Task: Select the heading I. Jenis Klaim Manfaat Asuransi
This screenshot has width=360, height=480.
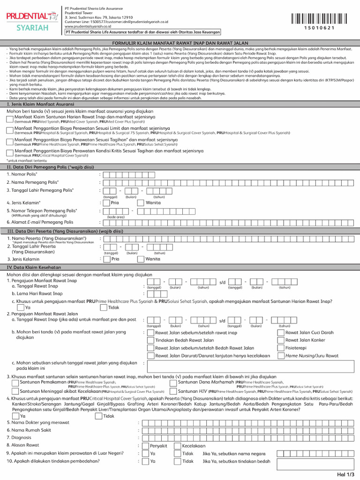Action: (37, 104)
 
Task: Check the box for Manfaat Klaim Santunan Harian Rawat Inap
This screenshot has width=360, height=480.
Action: (10, 120)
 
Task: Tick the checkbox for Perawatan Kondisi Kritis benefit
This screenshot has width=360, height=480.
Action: (10, 152)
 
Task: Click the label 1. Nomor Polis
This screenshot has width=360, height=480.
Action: (22, 174)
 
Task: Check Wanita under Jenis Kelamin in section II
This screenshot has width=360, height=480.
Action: (140, 203)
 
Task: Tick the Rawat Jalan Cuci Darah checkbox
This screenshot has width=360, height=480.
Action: (281, 332)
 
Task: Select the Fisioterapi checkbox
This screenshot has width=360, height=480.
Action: (281, 348)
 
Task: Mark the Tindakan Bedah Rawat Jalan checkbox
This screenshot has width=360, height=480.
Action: (150, 340)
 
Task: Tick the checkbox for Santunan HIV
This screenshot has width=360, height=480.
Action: (174, 391)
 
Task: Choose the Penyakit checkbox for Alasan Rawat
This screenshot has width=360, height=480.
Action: (145, 446)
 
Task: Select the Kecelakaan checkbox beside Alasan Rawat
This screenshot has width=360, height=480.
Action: (178, 446)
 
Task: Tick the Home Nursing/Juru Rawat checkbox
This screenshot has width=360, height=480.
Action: (281, 356)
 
